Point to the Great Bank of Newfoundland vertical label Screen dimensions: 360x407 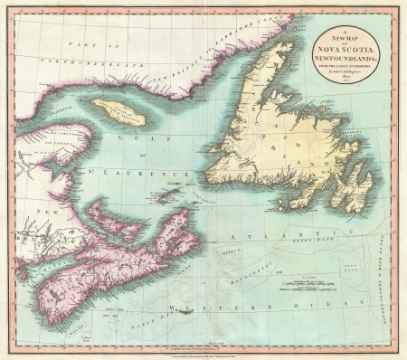point(390,253)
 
